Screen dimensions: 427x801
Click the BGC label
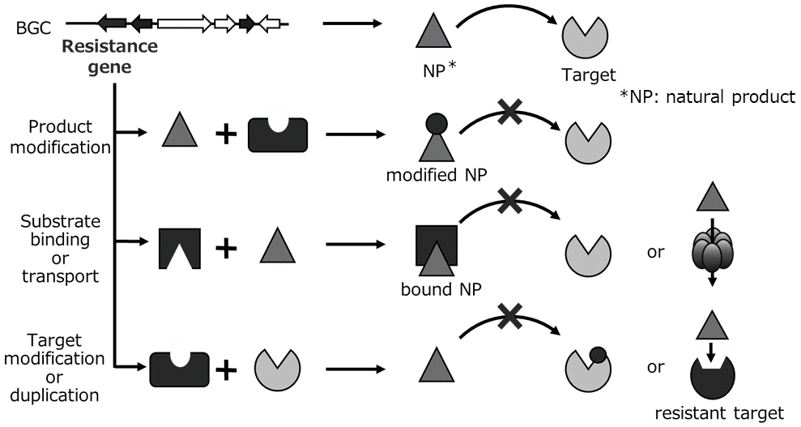pos(32,28)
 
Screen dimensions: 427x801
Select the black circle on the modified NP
pos(436,124)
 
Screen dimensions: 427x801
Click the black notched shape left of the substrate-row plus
pos(180,248)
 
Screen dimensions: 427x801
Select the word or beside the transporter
pos(655,252)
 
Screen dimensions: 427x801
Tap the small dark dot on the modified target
pos(599,354)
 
